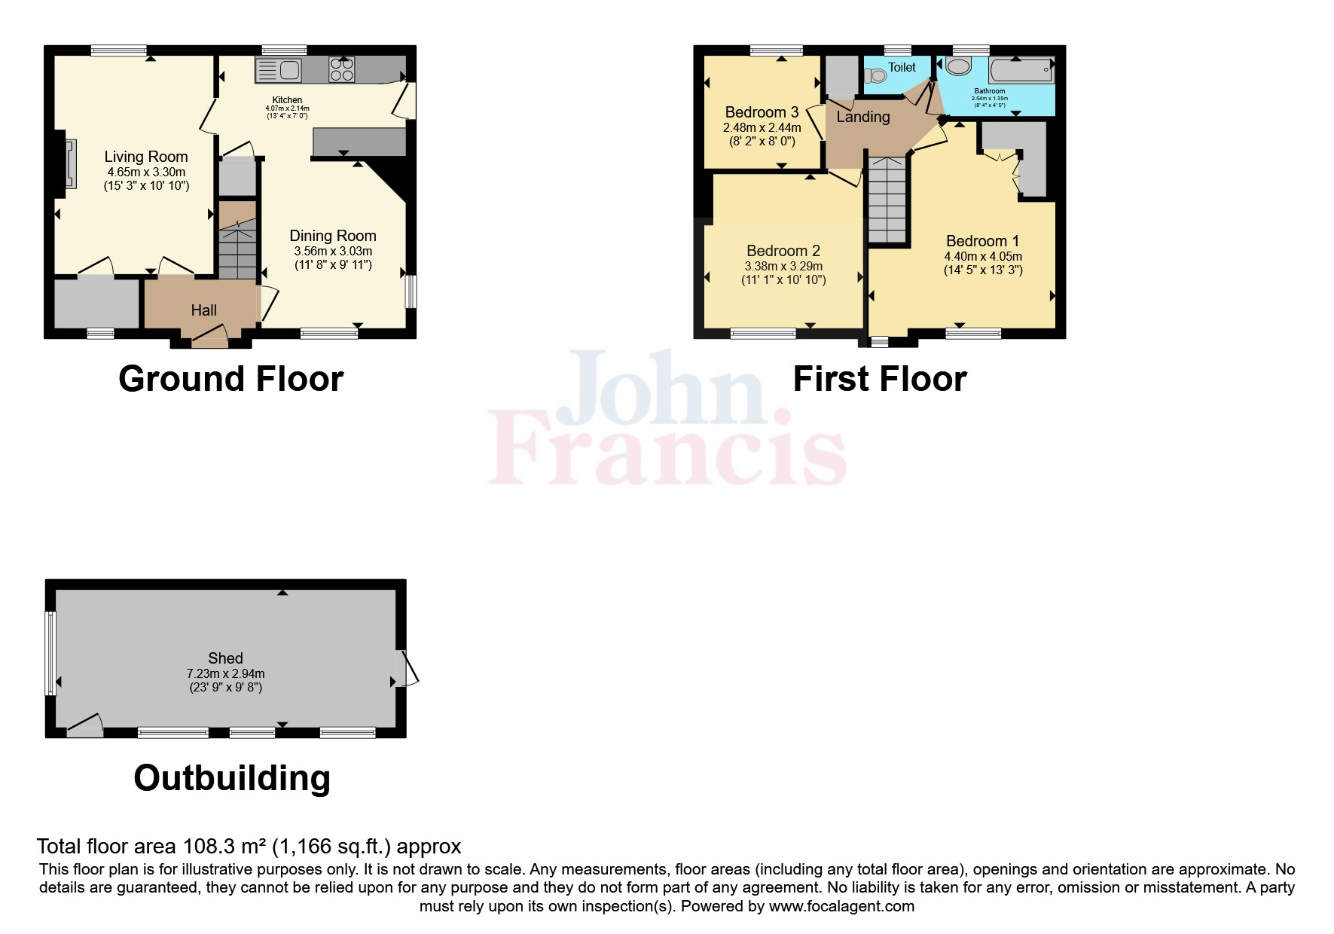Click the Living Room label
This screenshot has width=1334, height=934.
click(x=146, y=157)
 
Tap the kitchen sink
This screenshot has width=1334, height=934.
click(x=279, y=71)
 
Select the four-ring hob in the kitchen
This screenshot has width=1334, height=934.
click(x=342, y=70)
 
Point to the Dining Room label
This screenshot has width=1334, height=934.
click(x=333, y=236)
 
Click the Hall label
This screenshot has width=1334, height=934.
click(x=203, y=310)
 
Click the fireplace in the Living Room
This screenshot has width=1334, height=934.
click(x=69, y=162)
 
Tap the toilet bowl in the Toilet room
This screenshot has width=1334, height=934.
click(x=875, y=76)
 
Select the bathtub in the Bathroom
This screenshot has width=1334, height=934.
click(x=1021, y=71)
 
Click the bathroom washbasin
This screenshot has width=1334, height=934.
click(x=958, y=67)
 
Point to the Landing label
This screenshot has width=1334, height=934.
click(x=863, y=117)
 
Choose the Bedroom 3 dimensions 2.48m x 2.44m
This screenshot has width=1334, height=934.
click(x=762, y=128)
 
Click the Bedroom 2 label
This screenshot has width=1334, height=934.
click(x=783, y=251)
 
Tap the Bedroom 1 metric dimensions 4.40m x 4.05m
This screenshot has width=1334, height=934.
click(x=983, y=256)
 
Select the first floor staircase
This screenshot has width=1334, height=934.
click(x=887, y=200)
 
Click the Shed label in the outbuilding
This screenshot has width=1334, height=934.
click(x=225, y=658)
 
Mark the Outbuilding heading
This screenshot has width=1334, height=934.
click(x=232, y=778)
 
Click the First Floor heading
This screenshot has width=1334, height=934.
click(x=879, y=379)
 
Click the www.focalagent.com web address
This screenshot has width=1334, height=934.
click(x=841, y=906)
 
